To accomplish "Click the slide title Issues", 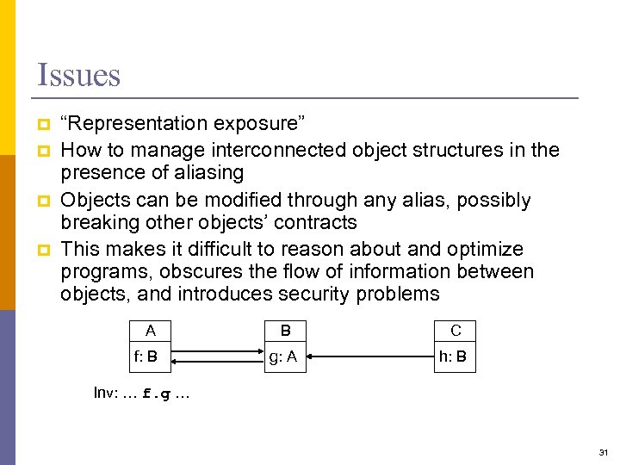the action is click(79, 75).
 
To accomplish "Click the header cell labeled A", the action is click(151, 330).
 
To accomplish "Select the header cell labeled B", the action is click(286, 330).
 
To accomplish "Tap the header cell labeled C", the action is click(456, 330).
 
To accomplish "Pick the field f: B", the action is click(145, 356).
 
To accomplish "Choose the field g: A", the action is click(283, 356).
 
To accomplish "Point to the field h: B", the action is click(452, 356).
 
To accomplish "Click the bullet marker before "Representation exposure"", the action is click(42, 126).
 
